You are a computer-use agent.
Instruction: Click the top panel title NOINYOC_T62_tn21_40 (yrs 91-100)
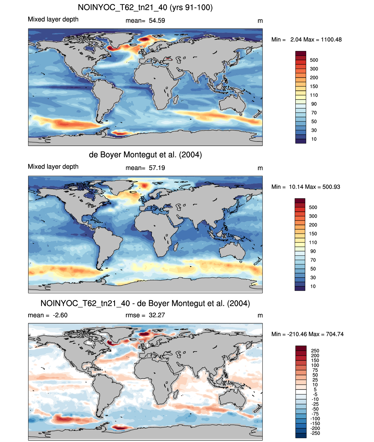coord(145,8)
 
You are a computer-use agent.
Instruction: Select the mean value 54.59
coord(157,21)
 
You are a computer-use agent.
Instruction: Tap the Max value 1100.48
coord(331,40)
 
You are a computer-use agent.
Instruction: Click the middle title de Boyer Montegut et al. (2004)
coord(146,155)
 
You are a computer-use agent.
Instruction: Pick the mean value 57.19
coord(157,168)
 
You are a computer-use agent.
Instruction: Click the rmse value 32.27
coord(157,315)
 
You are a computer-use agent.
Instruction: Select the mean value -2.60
coord(60,315)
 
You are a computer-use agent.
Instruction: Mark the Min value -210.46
coord(297,334)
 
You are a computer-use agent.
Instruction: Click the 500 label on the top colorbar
coord(314,60)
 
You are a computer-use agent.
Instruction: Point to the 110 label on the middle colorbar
coord(313,242)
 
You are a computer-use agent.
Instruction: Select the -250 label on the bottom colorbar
coord(315,433)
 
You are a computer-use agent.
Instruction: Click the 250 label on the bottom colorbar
coord(315,351)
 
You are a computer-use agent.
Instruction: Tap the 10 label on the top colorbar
coord(314,139)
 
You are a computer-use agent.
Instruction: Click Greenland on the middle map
coord(120,186)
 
